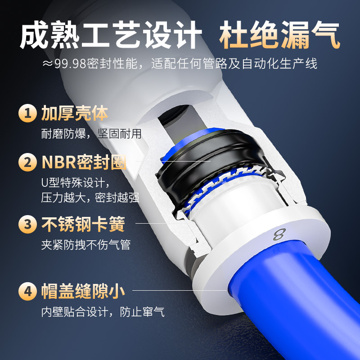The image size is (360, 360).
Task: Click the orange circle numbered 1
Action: pyautogui.click(x=28, y=113)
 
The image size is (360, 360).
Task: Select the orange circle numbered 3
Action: pyautogui.click(x=28, y=224)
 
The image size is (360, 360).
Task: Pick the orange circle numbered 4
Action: pyautogui.click(x=28, y=291)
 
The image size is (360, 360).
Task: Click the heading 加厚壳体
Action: pyautogui.click(x=75, y=113)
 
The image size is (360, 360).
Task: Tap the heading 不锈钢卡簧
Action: pyautogui.click(x=83, y=224)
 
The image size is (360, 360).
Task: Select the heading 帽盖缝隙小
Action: pyautogui.click(x=83, y=291)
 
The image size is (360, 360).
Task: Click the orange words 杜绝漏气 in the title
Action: pyautogui.click(x=279, y=36)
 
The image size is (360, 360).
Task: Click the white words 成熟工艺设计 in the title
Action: pyautogui.click(x=111, y=36)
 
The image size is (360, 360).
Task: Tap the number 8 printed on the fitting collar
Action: pyautogui.click(x=279, y=235)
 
